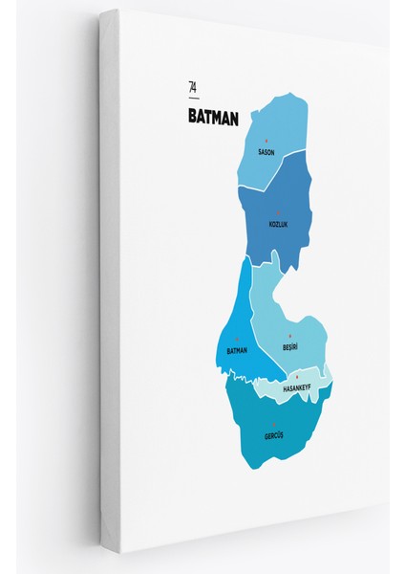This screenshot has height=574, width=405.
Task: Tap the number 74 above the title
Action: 194,88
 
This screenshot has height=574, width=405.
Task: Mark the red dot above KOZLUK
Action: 278,215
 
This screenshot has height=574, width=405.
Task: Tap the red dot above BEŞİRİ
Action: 290,338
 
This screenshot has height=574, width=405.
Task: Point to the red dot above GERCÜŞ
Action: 273,427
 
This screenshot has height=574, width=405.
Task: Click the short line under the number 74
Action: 194,98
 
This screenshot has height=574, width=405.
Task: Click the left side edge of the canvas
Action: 108,287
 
